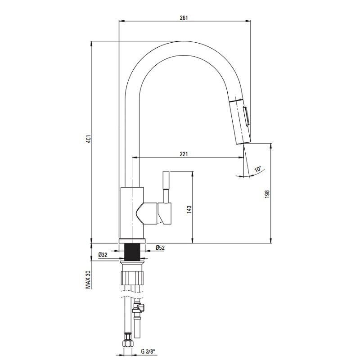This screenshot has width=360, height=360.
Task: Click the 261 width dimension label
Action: (184, 18)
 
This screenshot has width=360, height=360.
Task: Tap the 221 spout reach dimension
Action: (184, 154)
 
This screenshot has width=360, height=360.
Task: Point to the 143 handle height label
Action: (189, 210)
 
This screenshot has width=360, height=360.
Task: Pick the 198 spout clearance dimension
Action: (267, 194)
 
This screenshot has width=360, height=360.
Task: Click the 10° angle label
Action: (258, 169)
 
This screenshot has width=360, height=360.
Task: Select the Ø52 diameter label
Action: (160, 248)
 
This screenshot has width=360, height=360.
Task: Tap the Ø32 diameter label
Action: (103, 255)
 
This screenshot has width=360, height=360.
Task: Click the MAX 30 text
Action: (89, 279)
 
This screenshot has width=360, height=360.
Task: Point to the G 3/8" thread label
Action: (148, 351)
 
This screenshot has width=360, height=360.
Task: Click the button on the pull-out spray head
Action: (246, 116)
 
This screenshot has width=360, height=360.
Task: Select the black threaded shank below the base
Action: (132, 252)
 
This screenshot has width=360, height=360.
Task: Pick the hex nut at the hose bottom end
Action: (128, 344)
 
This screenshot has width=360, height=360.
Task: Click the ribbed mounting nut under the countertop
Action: (132, 278)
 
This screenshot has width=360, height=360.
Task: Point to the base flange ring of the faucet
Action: (132, 241)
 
